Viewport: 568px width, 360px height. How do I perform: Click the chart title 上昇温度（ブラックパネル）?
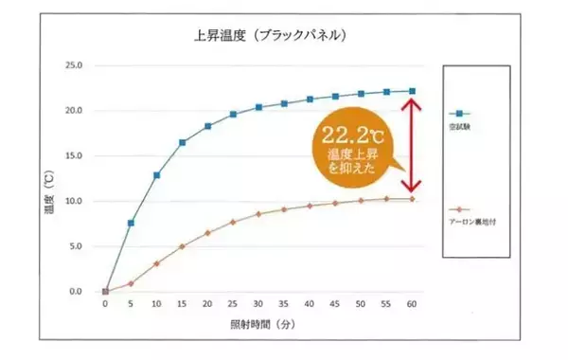coord(257,36)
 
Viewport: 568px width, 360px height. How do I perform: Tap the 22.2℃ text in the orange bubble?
coord(348,132)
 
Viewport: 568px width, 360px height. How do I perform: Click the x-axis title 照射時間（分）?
coord(257,324)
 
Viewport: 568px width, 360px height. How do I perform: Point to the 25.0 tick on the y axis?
coord(74,65)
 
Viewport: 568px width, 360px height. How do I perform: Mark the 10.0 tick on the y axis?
coord(74,201)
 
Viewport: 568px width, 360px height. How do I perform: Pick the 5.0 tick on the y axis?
coord(74,246)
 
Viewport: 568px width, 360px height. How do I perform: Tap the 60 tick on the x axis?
coord(412,306)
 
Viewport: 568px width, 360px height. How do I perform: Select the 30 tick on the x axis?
coord(258,306)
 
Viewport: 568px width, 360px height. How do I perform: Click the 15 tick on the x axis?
coord(182,306)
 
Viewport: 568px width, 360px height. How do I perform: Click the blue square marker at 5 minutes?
coord(131,223)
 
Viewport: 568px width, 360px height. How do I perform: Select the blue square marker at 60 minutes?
coord(412,91)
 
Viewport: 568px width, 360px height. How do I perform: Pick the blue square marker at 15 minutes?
coord(182,142)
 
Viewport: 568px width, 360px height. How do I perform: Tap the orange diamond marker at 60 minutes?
coord(412,198)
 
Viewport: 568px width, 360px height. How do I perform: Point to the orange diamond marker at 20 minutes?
coord(207,232)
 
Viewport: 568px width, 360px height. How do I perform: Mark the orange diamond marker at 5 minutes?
coord(131,282)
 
